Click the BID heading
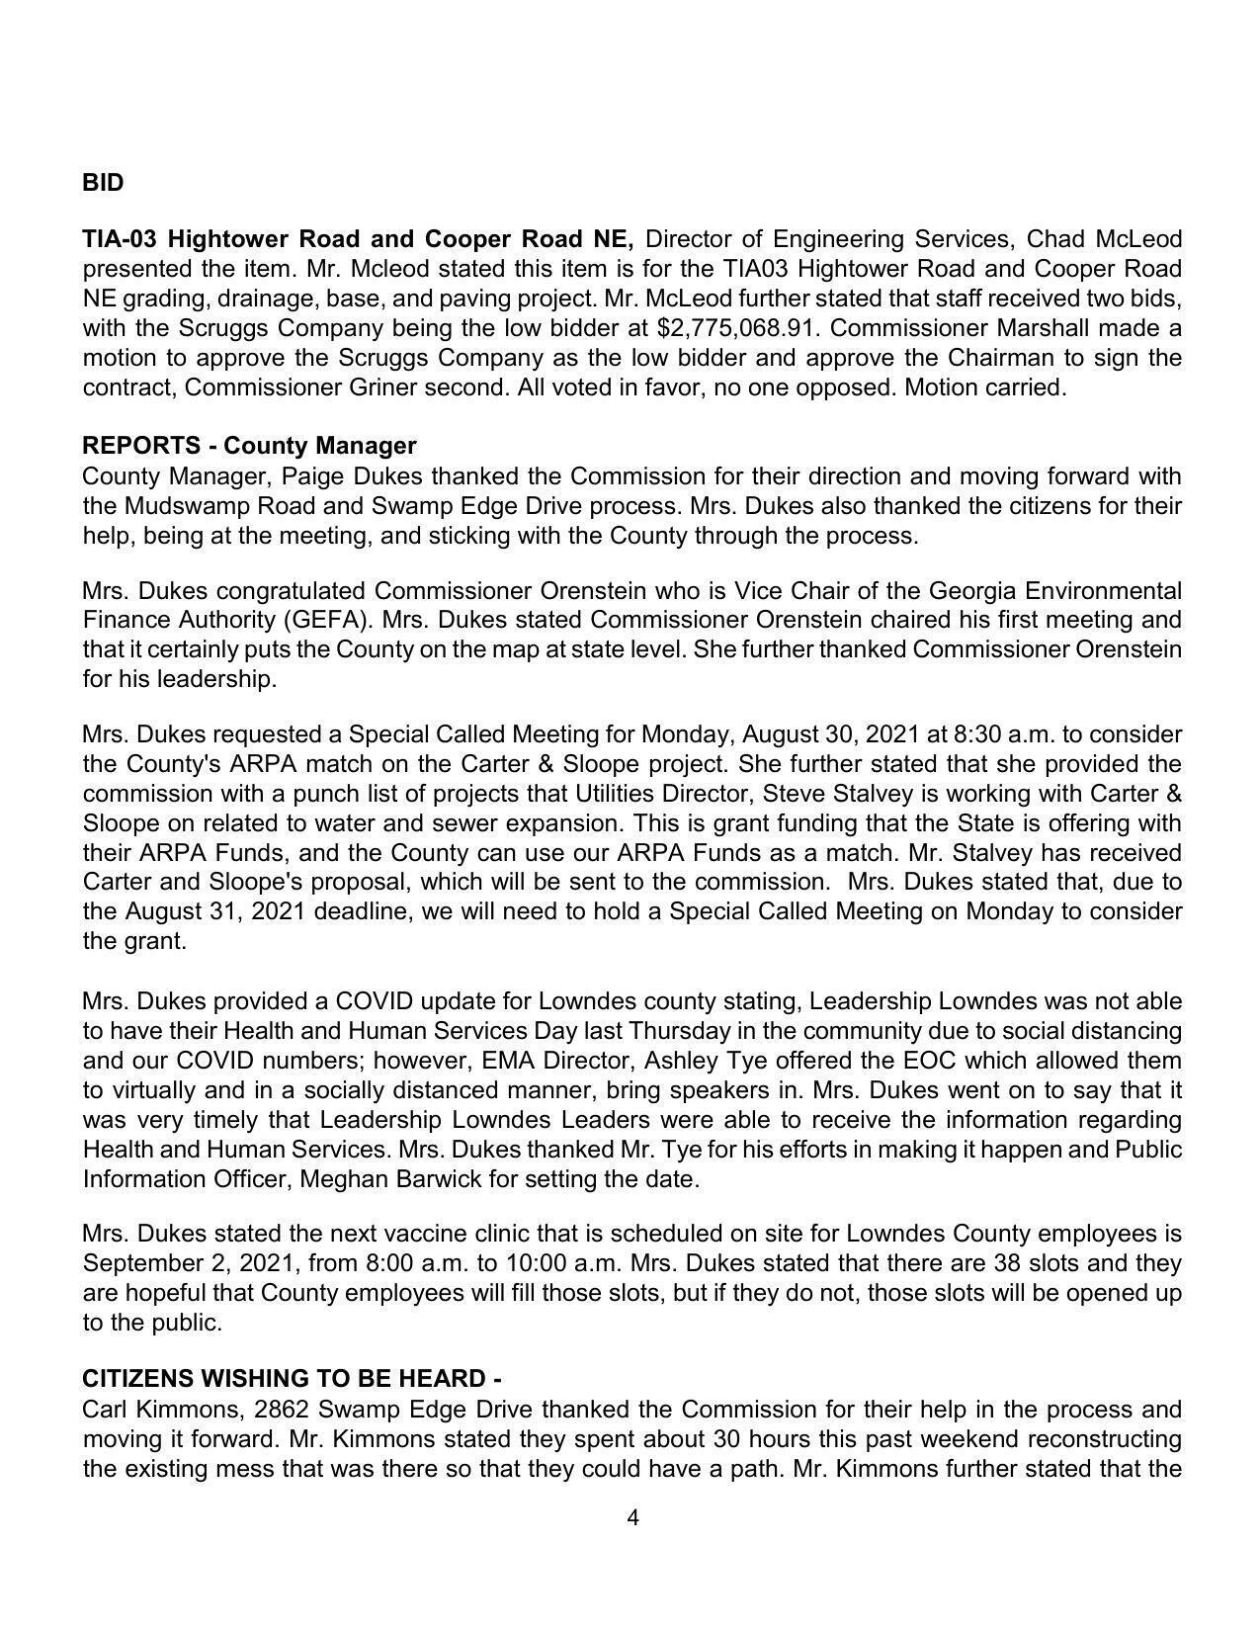103,183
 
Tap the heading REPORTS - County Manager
249,446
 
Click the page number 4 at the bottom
632,1517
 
